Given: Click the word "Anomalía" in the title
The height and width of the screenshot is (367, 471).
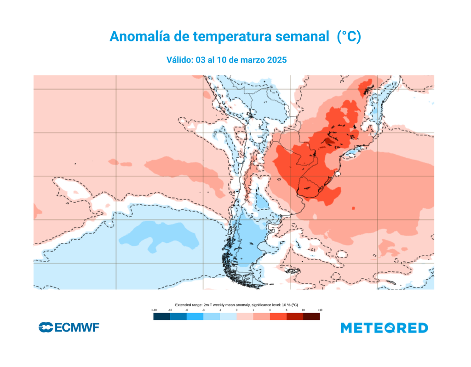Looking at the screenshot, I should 136,37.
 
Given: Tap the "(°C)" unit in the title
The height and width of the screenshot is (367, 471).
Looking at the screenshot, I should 348,37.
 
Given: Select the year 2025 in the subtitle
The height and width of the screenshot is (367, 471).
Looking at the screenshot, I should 276,60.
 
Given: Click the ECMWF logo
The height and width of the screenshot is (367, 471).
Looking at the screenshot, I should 69,327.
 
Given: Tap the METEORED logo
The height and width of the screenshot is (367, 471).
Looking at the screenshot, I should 384,328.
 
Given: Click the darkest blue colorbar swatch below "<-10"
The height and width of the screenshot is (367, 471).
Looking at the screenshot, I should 161,316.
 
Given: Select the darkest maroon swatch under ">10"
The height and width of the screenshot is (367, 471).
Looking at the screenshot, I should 311,316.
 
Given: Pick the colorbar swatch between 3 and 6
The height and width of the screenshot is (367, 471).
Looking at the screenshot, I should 278,316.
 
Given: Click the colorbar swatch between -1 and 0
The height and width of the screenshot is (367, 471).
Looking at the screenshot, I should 228,316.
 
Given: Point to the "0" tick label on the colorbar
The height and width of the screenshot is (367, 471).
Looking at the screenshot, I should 236,310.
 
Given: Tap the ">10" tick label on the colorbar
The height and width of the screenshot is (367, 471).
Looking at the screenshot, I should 320,310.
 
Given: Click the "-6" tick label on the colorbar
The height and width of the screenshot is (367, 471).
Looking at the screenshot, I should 186,310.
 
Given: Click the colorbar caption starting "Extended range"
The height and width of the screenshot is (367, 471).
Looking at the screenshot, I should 236,304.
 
